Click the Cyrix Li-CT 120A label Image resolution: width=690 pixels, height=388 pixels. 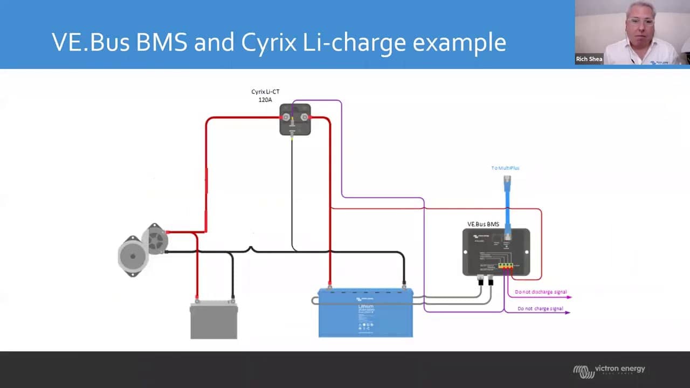[x=265, y=95]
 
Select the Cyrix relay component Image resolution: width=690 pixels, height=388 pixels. [x=295, y=119]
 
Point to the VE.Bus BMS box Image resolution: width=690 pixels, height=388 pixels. [x=496, y=252]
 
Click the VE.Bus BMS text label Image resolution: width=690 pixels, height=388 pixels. [x=483, y=224]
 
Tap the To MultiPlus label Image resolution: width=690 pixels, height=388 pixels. [x=505, y=168]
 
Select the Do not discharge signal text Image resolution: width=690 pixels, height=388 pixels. [x=541, y=292]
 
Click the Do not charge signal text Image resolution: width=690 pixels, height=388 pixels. [x=540, y=309]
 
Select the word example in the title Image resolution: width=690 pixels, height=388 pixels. [x=459, y=43]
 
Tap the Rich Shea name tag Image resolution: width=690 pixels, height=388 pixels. [x=589, y=59]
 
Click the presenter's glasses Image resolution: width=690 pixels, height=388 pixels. [x=640, y=22]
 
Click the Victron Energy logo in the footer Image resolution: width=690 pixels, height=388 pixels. [x=609, y=370]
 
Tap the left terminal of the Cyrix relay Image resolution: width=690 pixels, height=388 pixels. [x=286, y=116]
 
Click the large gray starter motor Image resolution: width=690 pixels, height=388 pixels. [x=132, y=256]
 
